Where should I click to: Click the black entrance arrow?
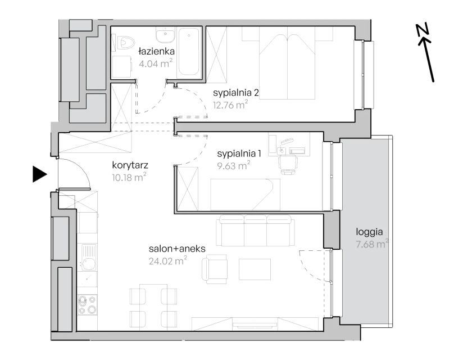coord(39,174)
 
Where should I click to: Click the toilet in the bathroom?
coord(125,43)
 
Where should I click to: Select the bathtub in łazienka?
coord(189,52)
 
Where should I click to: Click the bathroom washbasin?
coord(165,35)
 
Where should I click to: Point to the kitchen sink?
coord(88,257)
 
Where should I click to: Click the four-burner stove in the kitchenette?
coord(88,305)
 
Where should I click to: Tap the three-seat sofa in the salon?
coord(255,231)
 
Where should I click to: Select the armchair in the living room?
coord(215,269)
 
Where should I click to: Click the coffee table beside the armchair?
coord(255,269)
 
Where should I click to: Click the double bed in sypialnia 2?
coord(287,63)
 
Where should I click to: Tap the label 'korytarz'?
coord(130,165)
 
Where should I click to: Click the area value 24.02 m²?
coord(167,260)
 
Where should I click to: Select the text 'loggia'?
coord(369,232)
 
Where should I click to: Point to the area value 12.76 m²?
coord(230,105)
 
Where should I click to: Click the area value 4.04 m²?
coord(156,63)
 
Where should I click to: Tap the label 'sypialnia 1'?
coord(239,154)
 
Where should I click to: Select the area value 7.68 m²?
coord(372,244)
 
